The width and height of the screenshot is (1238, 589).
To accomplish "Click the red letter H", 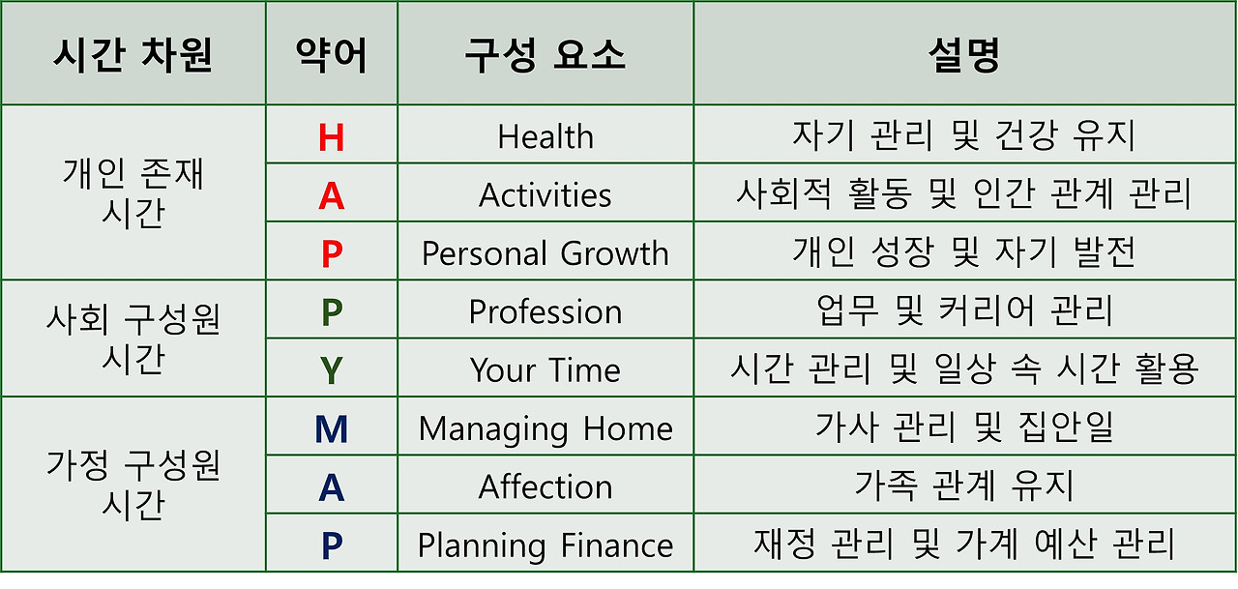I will click(331, 137).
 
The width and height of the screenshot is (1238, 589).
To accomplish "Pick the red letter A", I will click(331, 196).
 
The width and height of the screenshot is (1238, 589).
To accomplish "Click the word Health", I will click(545, 137).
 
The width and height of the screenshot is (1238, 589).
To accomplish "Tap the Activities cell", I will click(545, 196).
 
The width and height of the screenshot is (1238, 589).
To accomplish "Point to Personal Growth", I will click(545, 254).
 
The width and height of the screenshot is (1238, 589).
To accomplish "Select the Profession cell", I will click(545, 312).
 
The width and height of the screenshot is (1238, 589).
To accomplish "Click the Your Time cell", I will click(545, 370).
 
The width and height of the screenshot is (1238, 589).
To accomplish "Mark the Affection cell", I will click(545, 487).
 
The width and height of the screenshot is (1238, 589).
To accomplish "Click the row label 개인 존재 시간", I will click(133, 193).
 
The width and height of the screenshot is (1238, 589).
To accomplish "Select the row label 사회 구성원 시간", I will click(133, 339).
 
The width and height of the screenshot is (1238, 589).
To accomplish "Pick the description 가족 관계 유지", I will click(963, 486).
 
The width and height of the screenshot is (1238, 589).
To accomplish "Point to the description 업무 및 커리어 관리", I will click(963, 311).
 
